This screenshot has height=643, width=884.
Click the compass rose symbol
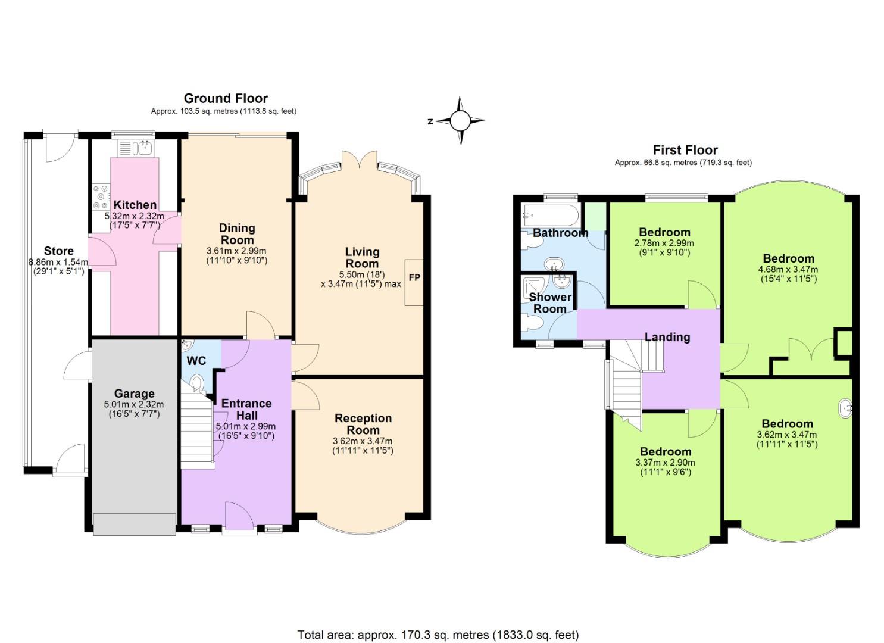point(460,121)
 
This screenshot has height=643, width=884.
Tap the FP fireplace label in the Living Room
point(414,277)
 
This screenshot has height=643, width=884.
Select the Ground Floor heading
point(226,98)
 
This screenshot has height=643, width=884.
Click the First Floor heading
point(685,150)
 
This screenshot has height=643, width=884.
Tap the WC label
point(196,361)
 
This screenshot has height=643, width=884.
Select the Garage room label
point(134,394)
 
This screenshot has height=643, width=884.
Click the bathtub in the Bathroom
point(548,213)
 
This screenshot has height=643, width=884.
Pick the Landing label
point(667,337)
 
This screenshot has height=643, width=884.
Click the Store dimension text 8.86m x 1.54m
point(58,262)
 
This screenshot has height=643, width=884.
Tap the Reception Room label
point(363,424)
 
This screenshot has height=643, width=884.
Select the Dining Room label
point(237,234)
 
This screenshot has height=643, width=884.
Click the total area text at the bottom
point(438,635)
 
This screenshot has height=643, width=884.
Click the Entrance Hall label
point(246,409)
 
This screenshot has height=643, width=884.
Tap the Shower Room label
point(549,302)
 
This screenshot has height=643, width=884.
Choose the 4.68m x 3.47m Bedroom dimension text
point(788,269)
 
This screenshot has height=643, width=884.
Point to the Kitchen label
point(135,205)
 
